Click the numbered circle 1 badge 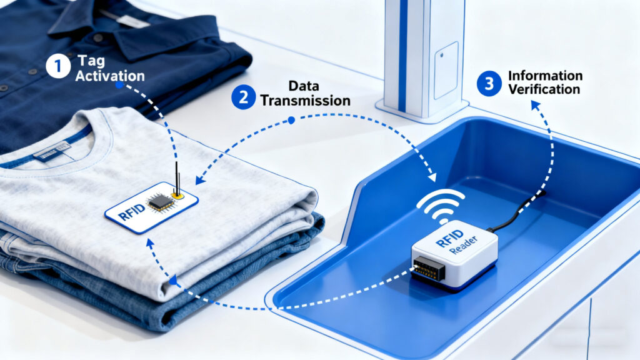[x=58, y=66]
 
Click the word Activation [x=110, y=76]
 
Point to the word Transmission [x=305, y=101]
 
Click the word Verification [x=544, y=89]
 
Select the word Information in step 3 [x=545, y=76]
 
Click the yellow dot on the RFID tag [x=178, y=195]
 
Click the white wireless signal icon [x=441, y=206]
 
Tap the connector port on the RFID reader [x=429, y=269]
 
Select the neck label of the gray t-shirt [x=51, y=152]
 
